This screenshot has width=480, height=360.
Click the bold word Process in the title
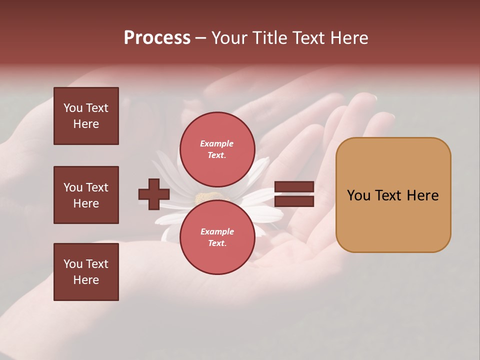tap(157, 38)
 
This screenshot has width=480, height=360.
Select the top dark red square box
tap(86, 116)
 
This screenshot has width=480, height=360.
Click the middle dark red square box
tap(86, 195)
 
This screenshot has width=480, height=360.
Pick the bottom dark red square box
tap(86, 272)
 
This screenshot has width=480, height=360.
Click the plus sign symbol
tap(153, 194)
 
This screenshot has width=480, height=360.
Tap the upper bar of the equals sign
tap(294, 187)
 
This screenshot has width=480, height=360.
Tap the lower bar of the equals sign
tap(294, 201)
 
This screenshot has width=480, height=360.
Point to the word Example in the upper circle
tap(216, 143)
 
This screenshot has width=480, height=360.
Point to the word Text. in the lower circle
tap(217, 243)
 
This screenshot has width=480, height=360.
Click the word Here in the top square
tap(86, 124)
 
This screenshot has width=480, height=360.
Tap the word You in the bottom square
tap(73, 264)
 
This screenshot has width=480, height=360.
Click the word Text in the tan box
tap(389, 195)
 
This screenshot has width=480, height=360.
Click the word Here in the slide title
tap(348, 38)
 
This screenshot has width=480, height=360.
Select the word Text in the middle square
tap(97, 187)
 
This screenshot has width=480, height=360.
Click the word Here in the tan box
tap(422, 195)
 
